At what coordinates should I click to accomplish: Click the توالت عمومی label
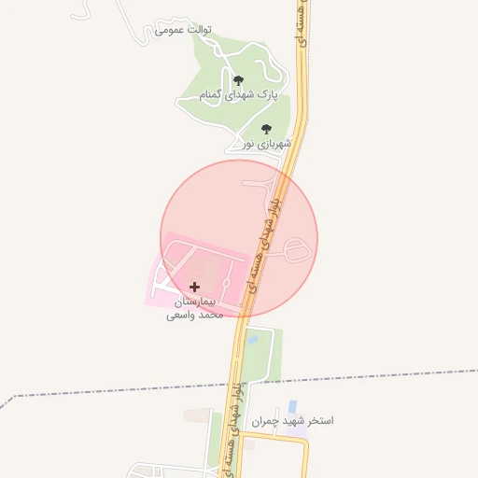[183, 30]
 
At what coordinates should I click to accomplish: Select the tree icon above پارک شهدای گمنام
[238, 80]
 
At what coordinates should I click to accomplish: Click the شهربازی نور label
[266, 144]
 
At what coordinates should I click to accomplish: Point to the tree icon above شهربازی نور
[266, 129]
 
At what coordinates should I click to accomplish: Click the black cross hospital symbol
[194, 286]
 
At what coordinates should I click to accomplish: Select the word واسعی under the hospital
[181, 316]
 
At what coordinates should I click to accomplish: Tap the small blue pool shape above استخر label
[293, 408]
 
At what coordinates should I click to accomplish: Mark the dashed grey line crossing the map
[93, 394]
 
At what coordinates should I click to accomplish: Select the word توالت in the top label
[199, 30]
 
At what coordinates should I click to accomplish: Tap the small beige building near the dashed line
[197, 413]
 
